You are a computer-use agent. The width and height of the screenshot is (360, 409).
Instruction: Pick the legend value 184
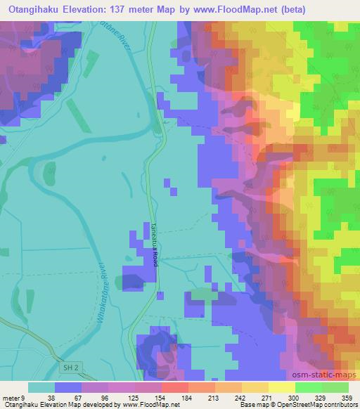[x=188, y=397]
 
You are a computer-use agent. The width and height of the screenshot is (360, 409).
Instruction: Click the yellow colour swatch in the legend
[x=281, y=387]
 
